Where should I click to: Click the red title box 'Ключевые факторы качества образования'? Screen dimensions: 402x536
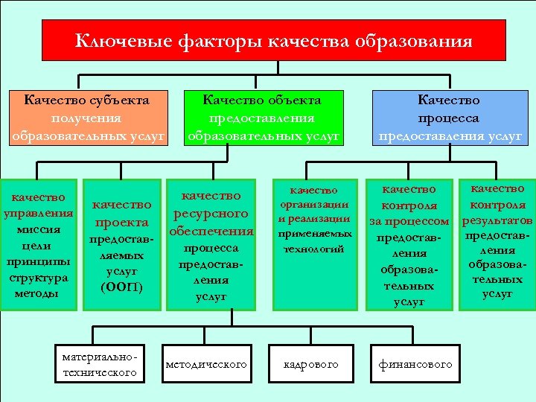(273, 40)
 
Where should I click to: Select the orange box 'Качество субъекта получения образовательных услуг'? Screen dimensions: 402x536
(87, 118)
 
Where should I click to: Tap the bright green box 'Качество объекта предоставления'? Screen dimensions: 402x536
(263, 118)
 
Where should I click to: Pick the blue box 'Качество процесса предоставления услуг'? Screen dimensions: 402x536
(449, 118)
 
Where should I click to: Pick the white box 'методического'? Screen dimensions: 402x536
(206, 363)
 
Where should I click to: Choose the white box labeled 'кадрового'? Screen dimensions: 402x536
(310, 363)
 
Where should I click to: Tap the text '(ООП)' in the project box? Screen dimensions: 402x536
(121, 287)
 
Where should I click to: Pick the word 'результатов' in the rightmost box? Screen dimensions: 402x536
(497, 221)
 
